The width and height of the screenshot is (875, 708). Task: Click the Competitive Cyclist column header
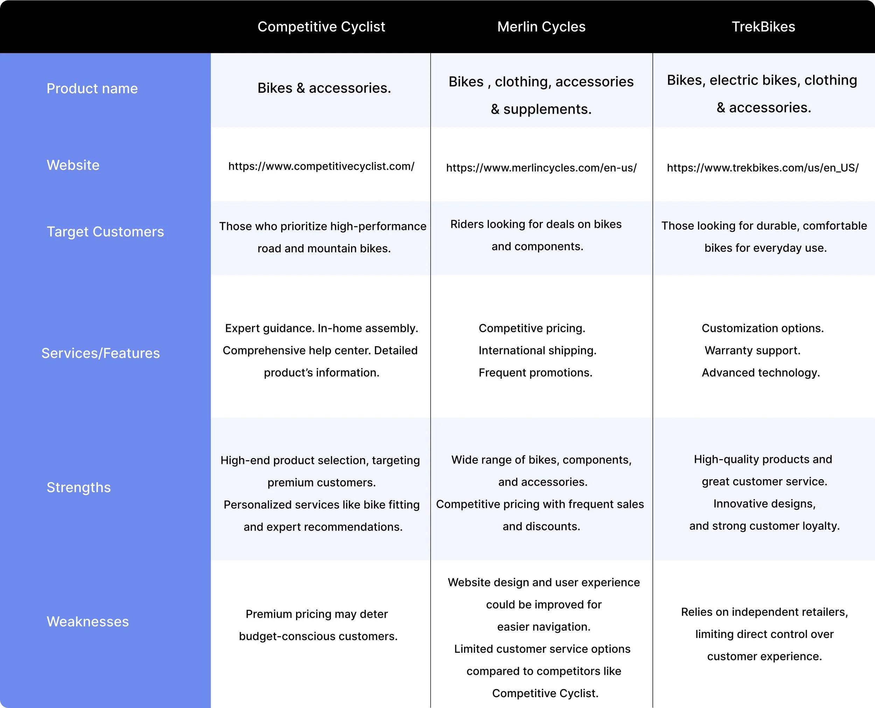(x=321, y=27)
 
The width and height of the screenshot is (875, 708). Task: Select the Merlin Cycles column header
(x=541, y=27)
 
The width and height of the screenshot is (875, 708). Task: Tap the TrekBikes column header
(x=763, y=27)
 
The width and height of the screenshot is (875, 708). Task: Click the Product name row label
(x=92, y=89)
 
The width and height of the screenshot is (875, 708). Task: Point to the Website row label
(x=73, y=165)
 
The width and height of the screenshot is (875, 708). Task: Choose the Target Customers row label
(x=105, y=232)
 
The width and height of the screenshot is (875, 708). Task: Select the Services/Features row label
(x=100, y=353)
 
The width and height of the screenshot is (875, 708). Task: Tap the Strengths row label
(x=79, y=488)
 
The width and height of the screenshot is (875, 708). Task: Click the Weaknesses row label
(x=88, y=622)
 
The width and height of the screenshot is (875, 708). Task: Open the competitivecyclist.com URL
(x=321, y=166)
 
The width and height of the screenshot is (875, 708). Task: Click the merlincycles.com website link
(x=541, y=168)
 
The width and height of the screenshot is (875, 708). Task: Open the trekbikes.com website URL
(x=762, y=168)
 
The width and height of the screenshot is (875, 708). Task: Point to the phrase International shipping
(x=537, y=351)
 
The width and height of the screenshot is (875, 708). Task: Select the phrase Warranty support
(x=752, y=351)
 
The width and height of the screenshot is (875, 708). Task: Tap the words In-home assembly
(x=367, y=328)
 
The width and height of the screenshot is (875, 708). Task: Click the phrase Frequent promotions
(x=535, y=373)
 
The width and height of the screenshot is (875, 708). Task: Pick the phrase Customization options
(x=762, y=328)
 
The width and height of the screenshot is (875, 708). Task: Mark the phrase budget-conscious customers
(x=318, y=636)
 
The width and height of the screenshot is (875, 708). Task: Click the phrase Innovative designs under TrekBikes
(x=764, y=504)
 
